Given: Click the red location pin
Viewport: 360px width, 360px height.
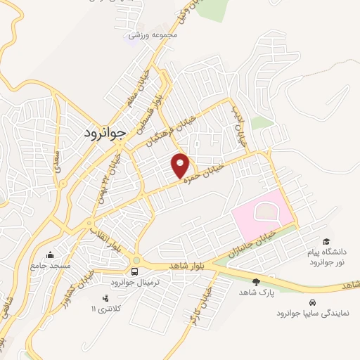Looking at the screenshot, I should click(x=181, y=165).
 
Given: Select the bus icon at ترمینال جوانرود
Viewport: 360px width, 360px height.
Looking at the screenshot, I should click(x=134, y=271).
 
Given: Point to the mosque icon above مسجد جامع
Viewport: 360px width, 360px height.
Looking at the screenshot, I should click(x=49, y=255).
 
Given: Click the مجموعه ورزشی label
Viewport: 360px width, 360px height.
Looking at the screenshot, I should click(x=152, y=33).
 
